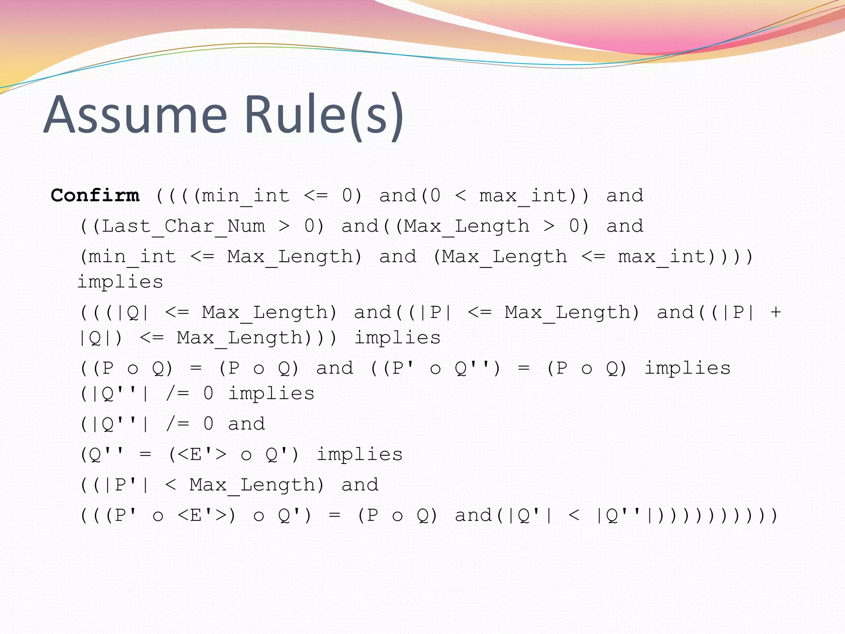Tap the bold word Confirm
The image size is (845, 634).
click(x=95, y=195)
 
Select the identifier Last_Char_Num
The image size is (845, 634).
click(x=183, y=226)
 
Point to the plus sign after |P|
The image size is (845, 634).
click(x=776, y=312)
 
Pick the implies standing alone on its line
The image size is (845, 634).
click(x=120, y=282)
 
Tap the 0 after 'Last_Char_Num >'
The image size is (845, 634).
click(x=309, y=226)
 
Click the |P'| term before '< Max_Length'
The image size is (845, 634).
click(x=126, y=485)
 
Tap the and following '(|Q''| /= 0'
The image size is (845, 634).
click(x=246, y=424)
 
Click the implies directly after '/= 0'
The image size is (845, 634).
click(x=271, y=394)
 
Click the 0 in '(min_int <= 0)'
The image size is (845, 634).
click(x=347, y=195)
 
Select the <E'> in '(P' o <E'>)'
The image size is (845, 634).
click(x=202, y=516)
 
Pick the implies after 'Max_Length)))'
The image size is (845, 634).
click(x=398, y=338)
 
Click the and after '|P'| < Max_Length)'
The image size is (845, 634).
click(x=360, y=485)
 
